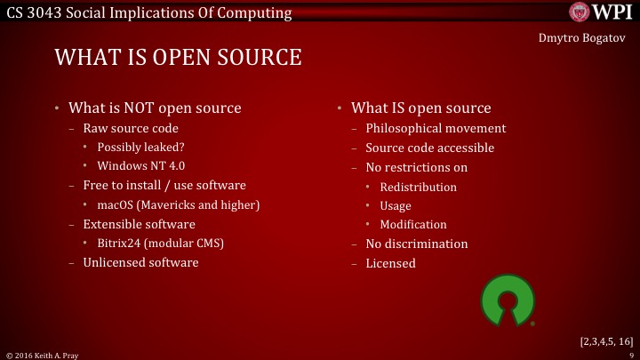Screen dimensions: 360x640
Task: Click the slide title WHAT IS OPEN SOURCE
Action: click(178, 58)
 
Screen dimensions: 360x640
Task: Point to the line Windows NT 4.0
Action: click(140, 166)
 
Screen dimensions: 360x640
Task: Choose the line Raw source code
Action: click(131, 129)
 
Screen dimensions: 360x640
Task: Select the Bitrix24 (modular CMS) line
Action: click(159, 244)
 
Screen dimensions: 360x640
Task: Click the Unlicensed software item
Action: click(140, 263)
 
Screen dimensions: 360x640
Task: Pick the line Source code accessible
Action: click(429, 148)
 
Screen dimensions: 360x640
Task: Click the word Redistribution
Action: click(418, 188)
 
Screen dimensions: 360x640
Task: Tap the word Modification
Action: click(412, 225)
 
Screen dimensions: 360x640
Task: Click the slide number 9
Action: click(629, 355)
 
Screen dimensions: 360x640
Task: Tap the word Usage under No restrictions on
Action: click(395, 206)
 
